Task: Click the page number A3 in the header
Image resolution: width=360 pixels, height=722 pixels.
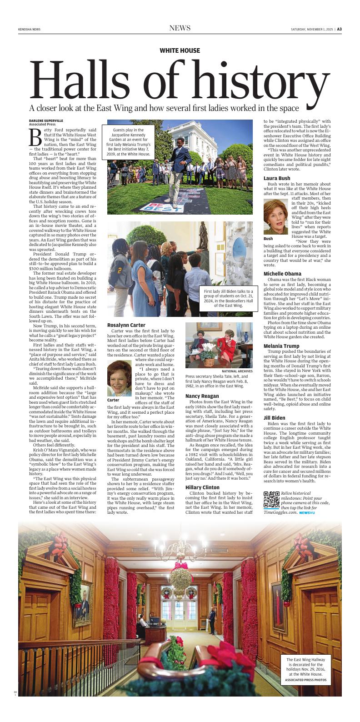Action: (339, 29)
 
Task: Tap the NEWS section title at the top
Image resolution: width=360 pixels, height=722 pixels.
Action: (180, 28)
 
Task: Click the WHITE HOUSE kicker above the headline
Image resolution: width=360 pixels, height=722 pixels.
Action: (180, 51)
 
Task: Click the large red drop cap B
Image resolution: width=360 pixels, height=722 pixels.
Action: (35, 136)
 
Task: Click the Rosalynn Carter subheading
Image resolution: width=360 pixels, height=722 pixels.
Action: (126, 325)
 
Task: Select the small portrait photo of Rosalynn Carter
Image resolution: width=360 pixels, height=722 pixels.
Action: (119, 378)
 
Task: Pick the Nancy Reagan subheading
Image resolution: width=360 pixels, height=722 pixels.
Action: (202, 396)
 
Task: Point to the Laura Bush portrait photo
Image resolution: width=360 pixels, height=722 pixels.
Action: (275, 217)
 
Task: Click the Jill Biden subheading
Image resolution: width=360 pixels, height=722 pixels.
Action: (274, 417)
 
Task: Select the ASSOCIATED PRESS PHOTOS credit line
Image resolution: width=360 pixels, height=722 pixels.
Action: (305, 680)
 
